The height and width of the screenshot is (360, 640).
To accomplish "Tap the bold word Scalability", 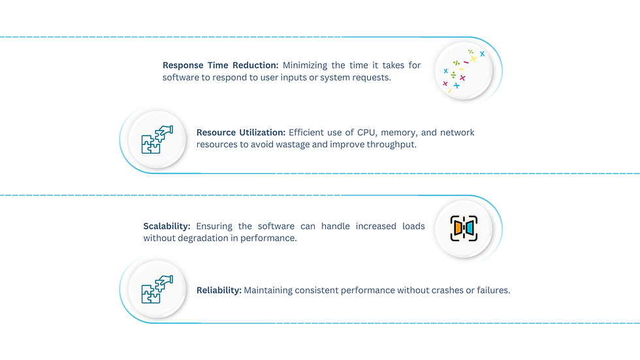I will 167,226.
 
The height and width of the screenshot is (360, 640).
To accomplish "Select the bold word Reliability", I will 219,290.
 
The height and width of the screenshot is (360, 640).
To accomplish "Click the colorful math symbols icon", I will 464,71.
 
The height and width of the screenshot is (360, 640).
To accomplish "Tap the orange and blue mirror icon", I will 464,227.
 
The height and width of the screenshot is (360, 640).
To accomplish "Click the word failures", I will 492,290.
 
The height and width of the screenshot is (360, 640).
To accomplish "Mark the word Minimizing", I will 306,65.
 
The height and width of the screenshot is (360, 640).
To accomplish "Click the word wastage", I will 292,144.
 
